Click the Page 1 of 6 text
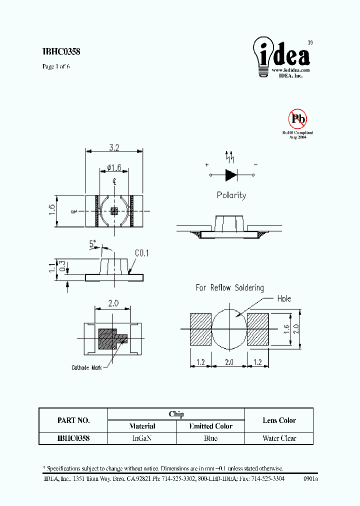(x=56, y=66)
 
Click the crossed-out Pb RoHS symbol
(x=297, y=119)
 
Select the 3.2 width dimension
(x=114, y=147)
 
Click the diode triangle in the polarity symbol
(x=231, y=175)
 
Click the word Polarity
(x=231, y=195)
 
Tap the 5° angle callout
(x=93, y=244)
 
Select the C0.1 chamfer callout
(x=141, y=253)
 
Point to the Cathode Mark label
(x=86, y=367)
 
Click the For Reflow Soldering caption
(x=229, y=287)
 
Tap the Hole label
(x=283, y=298)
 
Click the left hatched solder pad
(x=200, y=329)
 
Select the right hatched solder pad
(x=258, y=329)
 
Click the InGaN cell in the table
(x=142, y=438)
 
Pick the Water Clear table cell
(x=279, y=438)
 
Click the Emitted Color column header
(x=210, y=426)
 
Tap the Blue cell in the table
(x=210, y=438)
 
